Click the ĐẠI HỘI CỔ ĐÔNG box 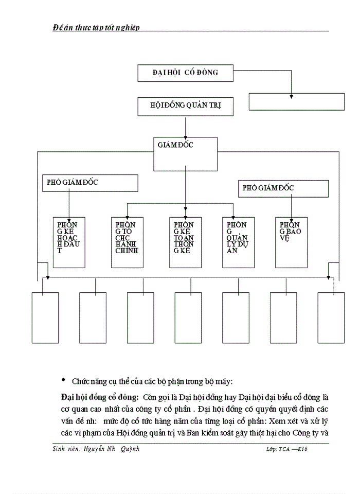pyautogui.click(x=185, y=73)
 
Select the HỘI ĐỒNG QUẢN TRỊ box pyautogui.click(x=185, y=107)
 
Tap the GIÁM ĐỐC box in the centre pyautogui.click(x=185, y=154)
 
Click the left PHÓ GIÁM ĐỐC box pyautogui.click(x=91, y=183)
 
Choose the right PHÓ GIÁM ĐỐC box pyautogui.click(x=283, y=188)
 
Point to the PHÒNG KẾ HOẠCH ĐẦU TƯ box pyautogui.click(x=69, y=242)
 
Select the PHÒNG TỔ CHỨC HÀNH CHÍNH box pyautogui.click(x=128, y=242)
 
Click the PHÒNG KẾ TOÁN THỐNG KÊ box pyautogui.click(x=186, y=242)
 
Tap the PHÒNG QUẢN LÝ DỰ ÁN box pyautogui.click(x=238, y=242)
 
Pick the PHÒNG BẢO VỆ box pyautogui.click(x=291, y=242)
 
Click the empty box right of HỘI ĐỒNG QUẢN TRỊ pyautogui.click(x=297, y=102)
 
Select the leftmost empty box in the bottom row pyautogui.click(x=45, y=317)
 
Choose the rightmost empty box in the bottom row pyautogui.click(x=331, y=317)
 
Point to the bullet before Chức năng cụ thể pyautogui.click(x=64, y=380)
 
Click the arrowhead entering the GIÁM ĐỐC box pyautogui.click(x=185, y=135)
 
